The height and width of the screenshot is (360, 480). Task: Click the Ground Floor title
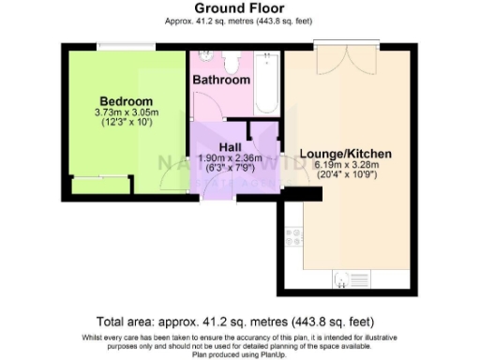239,7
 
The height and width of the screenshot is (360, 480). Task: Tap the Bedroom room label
127,101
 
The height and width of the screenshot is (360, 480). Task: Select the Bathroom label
221,81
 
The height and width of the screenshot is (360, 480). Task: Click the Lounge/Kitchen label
345,153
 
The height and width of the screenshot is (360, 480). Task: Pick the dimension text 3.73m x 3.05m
127,112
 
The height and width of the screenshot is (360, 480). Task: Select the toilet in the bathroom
233,62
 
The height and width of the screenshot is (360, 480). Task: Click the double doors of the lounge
347,49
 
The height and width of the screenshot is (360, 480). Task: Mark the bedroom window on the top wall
127,44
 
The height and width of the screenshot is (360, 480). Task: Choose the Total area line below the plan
239,320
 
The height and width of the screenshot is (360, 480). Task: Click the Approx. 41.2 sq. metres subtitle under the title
239,20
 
